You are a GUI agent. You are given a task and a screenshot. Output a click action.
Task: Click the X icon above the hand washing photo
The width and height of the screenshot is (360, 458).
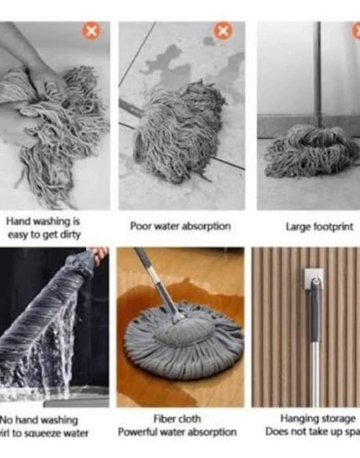click(x=91, y=31)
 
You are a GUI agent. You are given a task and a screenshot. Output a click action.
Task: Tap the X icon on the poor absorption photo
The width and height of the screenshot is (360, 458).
click(x=224, y=31)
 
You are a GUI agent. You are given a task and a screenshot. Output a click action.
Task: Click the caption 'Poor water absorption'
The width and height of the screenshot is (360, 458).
click(x=180, y=226)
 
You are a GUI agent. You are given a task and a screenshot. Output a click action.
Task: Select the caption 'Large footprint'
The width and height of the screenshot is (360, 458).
click(x=319, y=227)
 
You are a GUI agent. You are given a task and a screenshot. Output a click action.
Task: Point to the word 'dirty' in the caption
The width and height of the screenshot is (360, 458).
click(x=68, y=234)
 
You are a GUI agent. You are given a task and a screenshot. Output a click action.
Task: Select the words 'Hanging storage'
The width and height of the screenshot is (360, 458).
click(x=317, y=419)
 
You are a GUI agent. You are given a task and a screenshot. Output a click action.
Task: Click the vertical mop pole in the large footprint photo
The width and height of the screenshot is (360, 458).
click(x=317, y=72)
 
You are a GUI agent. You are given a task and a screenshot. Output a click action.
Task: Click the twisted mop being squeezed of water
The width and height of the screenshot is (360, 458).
click(x=46, y=314)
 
